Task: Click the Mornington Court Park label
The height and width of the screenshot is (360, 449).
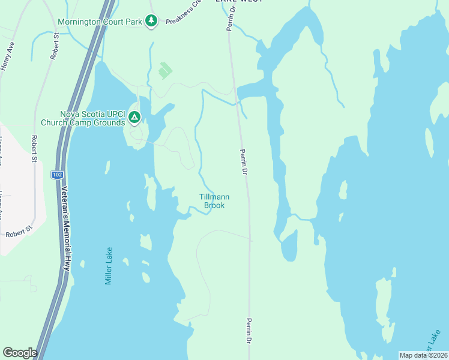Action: click(100, 22)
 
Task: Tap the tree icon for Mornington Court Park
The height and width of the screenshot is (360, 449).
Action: click(152, 22)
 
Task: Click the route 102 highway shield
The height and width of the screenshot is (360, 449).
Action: click(56, 175)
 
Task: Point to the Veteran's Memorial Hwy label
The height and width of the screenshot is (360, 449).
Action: click(65, 230)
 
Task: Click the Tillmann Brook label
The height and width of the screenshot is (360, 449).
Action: click(214, 201)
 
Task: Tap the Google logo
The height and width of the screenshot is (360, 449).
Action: click(20, 353)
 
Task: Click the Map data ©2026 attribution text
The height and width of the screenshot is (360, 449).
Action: click(423, 355)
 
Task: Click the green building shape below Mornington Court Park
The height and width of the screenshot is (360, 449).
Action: click(164, 71)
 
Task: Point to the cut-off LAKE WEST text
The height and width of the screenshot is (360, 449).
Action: click(238, 2)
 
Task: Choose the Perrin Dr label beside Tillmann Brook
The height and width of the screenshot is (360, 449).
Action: click(244, 163)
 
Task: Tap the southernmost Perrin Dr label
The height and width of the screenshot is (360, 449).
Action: click(248, 331)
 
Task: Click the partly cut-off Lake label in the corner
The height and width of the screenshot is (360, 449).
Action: click(434, 342)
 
